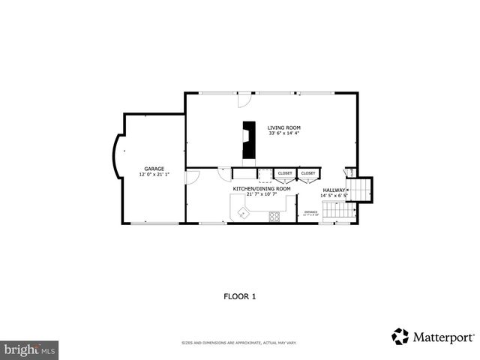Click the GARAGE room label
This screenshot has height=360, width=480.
pyautogui.click(x=154, y=169)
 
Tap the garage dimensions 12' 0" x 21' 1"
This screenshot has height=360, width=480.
pyautogui.click(x=154, y=175)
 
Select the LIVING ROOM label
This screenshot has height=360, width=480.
pyautogui.click(x=283, y=127)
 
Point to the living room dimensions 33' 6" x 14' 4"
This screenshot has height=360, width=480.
pyautogui.click(x=283, y=133)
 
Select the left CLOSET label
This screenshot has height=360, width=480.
pyautogui.click(x=285, y=174)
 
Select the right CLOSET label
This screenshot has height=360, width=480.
pyautogui.click(x=308, y=174)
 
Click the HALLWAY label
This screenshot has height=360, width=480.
pyautogui.click(x=334, y=190)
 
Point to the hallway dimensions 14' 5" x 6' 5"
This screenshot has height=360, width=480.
pyautogui.click(x=334, y=196)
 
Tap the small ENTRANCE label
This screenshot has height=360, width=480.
pyautogui.click(x=310, y=213)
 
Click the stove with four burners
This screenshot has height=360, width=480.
pyautogui.click(x=274, y=217)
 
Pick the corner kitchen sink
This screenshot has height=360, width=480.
pyautogui.click(x=242, y=213)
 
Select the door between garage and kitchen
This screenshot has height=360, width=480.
pyautogui.click(x=191, y=176)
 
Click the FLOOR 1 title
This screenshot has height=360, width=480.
pyautogui.click(x=240, y=296)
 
